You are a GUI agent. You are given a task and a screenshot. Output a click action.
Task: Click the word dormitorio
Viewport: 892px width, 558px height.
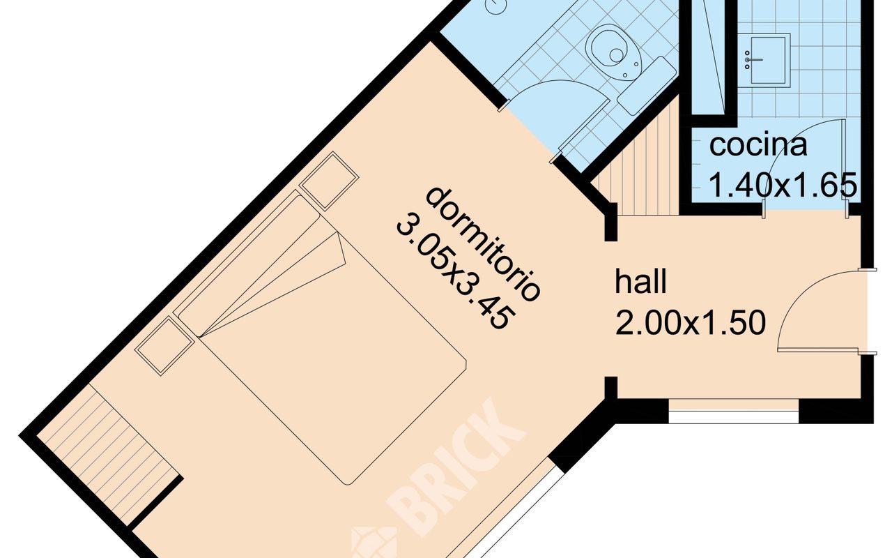click(484, 243)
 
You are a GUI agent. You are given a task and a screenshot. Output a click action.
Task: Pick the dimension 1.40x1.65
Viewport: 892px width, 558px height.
click(783, 185)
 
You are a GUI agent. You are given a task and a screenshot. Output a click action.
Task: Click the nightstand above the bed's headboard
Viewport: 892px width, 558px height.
click(329, 181)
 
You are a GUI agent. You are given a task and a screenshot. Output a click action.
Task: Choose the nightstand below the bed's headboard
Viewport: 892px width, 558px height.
click(165, 346)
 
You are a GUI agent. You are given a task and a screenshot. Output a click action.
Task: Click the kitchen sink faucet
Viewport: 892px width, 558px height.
click(753, 60)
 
